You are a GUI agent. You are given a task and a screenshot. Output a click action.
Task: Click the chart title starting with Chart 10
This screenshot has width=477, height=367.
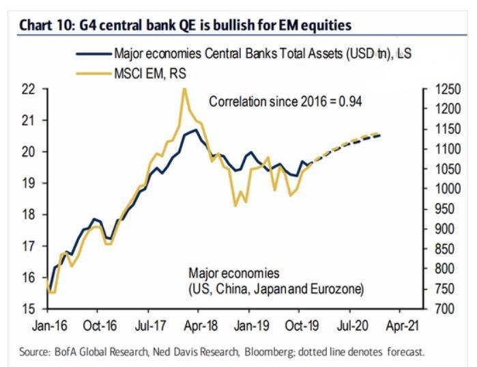tap(185, 26)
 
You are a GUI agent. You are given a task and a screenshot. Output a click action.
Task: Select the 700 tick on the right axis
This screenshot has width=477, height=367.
tap(441, 309)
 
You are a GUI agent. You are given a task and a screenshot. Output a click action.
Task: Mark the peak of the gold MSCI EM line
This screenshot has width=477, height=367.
tap(184, 88)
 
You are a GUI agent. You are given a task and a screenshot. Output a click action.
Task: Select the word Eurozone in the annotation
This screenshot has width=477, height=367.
tap(339, 290)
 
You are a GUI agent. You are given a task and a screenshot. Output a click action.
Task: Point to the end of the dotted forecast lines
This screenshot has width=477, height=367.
tap(379, 134)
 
